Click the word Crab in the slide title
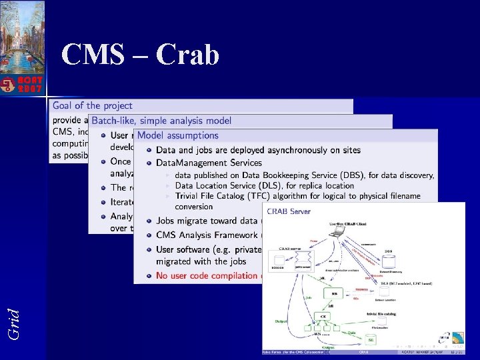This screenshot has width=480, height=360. (188, 55)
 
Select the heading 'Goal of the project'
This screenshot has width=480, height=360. (93, 105)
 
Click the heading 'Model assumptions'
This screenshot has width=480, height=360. (178, 135)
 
